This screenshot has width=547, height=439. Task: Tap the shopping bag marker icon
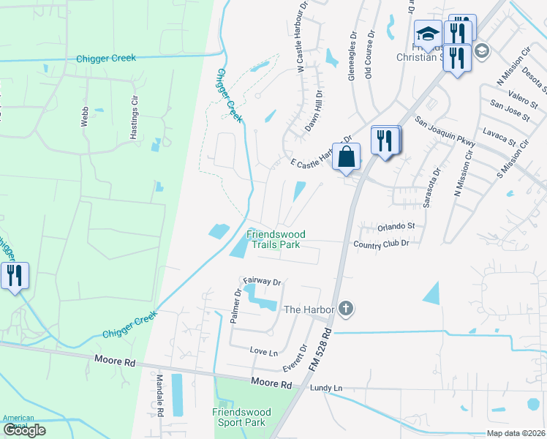pyautogui.click(x=347, y=157)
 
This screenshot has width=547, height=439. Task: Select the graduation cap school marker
pyautogui.click(x=428, y=34)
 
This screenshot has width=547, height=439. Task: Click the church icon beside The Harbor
pyautogui.click(x=347, y=309)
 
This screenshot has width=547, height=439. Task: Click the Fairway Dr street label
pyautogui.click(x=263, y=281)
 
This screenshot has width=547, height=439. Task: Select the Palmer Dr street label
pyautogui.click(x=236, y=307)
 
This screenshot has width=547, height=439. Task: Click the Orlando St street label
pyautogui.click(x=396, y=226)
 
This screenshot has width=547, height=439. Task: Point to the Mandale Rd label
pyautogui.click(x=159, y=396)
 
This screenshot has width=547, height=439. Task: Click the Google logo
pyautogui.click(x=24, y=430)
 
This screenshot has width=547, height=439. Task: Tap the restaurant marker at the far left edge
pyautogui.click(x=15, y=276)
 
